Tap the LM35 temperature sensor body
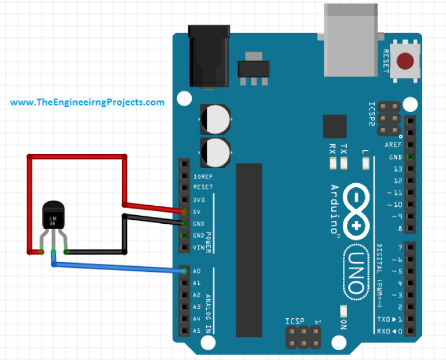point(52,216)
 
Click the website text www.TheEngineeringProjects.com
point(87,102)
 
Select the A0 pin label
point(196,271)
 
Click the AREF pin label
point(393,145)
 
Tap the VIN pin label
point(198,248)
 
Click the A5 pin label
point(196,331)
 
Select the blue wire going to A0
point(116,267)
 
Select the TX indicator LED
point(344,164)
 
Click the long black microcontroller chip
point(249,249)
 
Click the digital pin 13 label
point(397,169)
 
